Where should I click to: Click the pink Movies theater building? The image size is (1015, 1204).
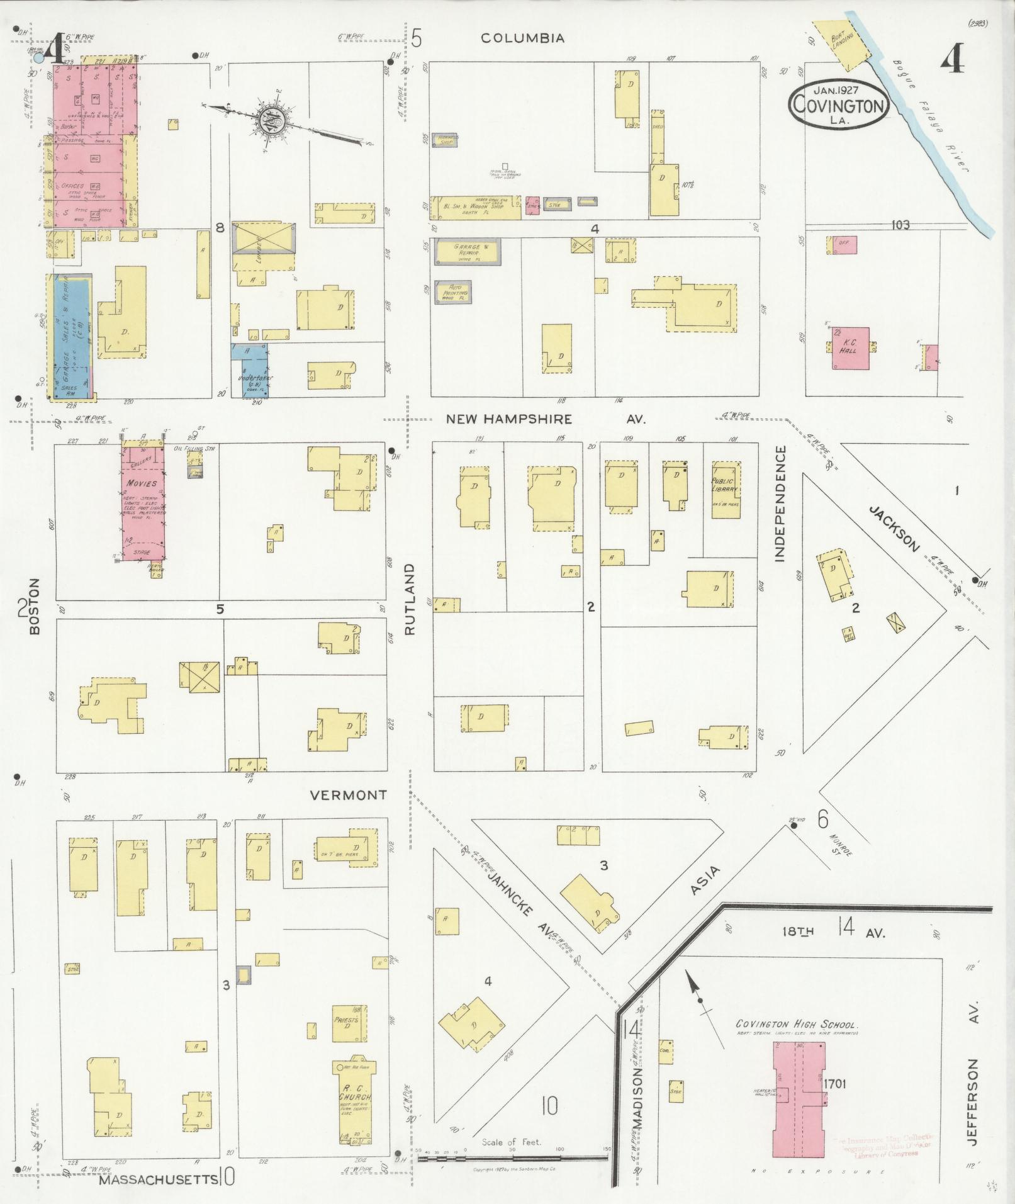[x=144, y=504]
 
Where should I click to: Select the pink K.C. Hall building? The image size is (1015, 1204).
[x=851, y=347]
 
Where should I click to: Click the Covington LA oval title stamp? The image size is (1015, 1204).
[x=839, y=104]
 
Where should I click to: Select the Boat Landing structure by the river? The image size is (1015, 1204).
[x=839, y=42]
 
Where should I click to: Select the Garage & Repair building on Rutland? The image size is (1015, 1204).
[x=466, y=252]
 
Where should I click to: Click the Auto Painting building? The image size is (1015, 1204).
[x=453, y=293]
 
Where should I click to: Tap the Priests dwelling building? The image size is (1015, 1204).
[x=349, y=1024]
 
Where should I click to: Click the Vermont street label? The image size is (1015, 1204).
[x=348, y=796]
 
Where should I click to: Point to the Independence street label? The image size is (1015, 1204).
[x=781, y=503]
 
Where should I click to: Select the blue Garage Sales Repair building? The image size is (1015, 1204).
[x=71, y=337]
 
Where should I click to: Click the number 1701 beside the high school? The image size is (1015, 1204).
[x=836, y=1084]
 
